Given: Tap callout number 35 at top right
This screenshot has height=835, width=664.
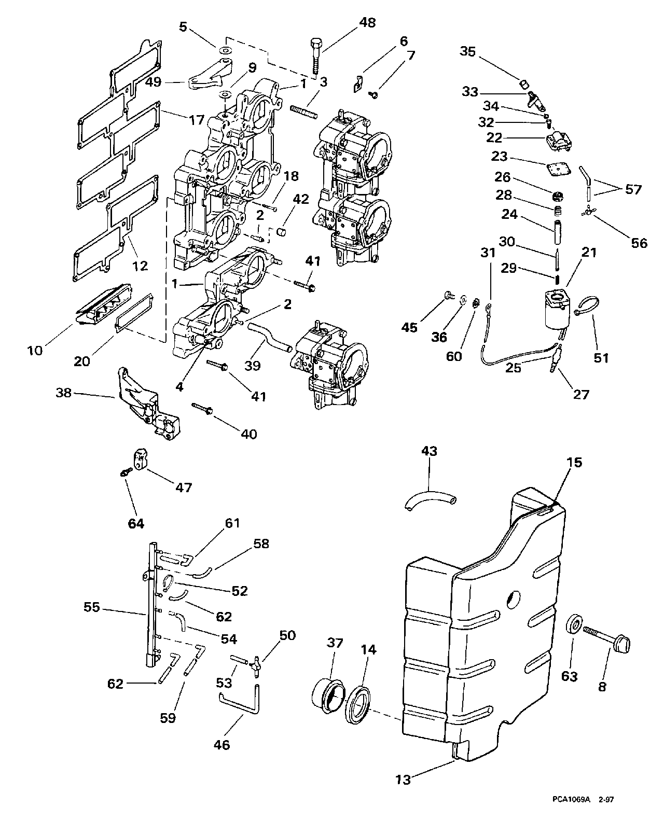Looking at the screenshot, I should [x=468, y=52].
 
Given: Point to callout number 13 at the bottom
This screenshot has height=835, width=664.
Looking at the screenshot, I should [x=403, y=778].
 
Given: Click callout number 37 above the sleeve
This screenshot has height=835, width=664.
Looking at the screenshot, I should [x=335, y=644].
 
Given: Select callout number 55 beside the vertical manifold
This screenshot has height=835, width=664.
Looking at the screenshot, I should [x=92, y=607].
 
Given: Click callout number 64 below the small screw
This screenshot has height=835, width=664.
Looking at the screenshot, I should [x=136, y=524].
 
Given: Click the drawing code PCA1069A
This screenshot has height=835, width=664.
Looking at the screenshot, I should [x=568, y=814].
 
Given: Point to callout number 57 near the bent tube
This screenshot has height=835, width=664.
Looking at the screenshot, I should [x=633, y=190].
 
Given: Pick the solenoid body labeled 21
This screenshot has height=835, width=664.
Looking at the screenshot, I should [x=557, y=310].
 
